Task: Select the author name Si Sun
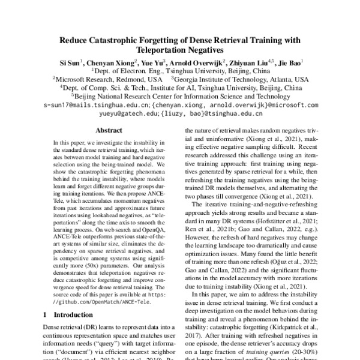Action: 68,62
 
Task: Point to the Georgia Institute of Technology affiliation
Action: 227,79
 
